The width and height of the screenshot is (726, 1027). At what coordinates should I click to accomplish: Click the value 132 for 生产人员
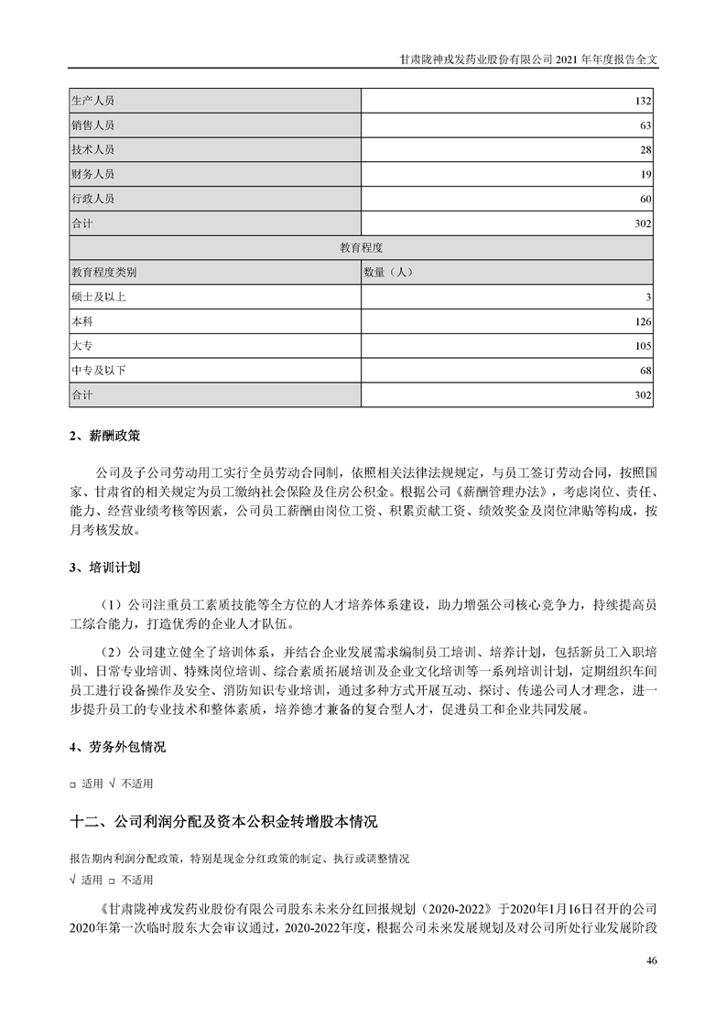643,100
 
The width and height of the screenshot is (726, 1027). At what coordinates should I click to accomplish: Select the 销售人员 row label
92,124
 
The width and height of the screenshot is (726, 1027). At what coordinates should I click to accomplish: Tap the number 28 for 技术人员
645,149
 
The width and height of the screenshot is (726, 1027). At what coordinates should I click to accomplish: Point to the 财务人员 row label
92,174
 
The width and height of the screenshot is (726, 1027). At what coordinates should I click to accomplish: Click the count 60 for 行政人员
645,199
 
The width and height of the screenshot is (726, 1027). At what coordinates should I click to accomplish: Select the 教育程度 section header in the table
362,248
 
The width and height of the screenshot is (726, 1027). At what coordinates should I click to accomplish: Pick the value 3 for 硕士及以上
648,297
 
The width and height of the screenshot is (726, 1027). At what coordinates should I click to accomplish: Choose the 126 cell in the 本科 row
643,322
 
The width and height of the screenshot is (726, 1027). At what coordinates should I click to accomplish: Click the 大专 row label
81,347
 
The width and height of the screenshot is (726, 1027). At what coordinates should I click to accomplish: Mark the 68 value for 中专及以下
645,372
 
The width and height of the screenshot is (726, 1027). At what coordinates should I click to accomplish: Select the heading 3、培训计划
104,568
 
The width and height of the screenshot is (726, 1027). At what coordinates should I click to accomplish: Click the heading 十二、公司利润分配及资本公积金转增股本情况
223,821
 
